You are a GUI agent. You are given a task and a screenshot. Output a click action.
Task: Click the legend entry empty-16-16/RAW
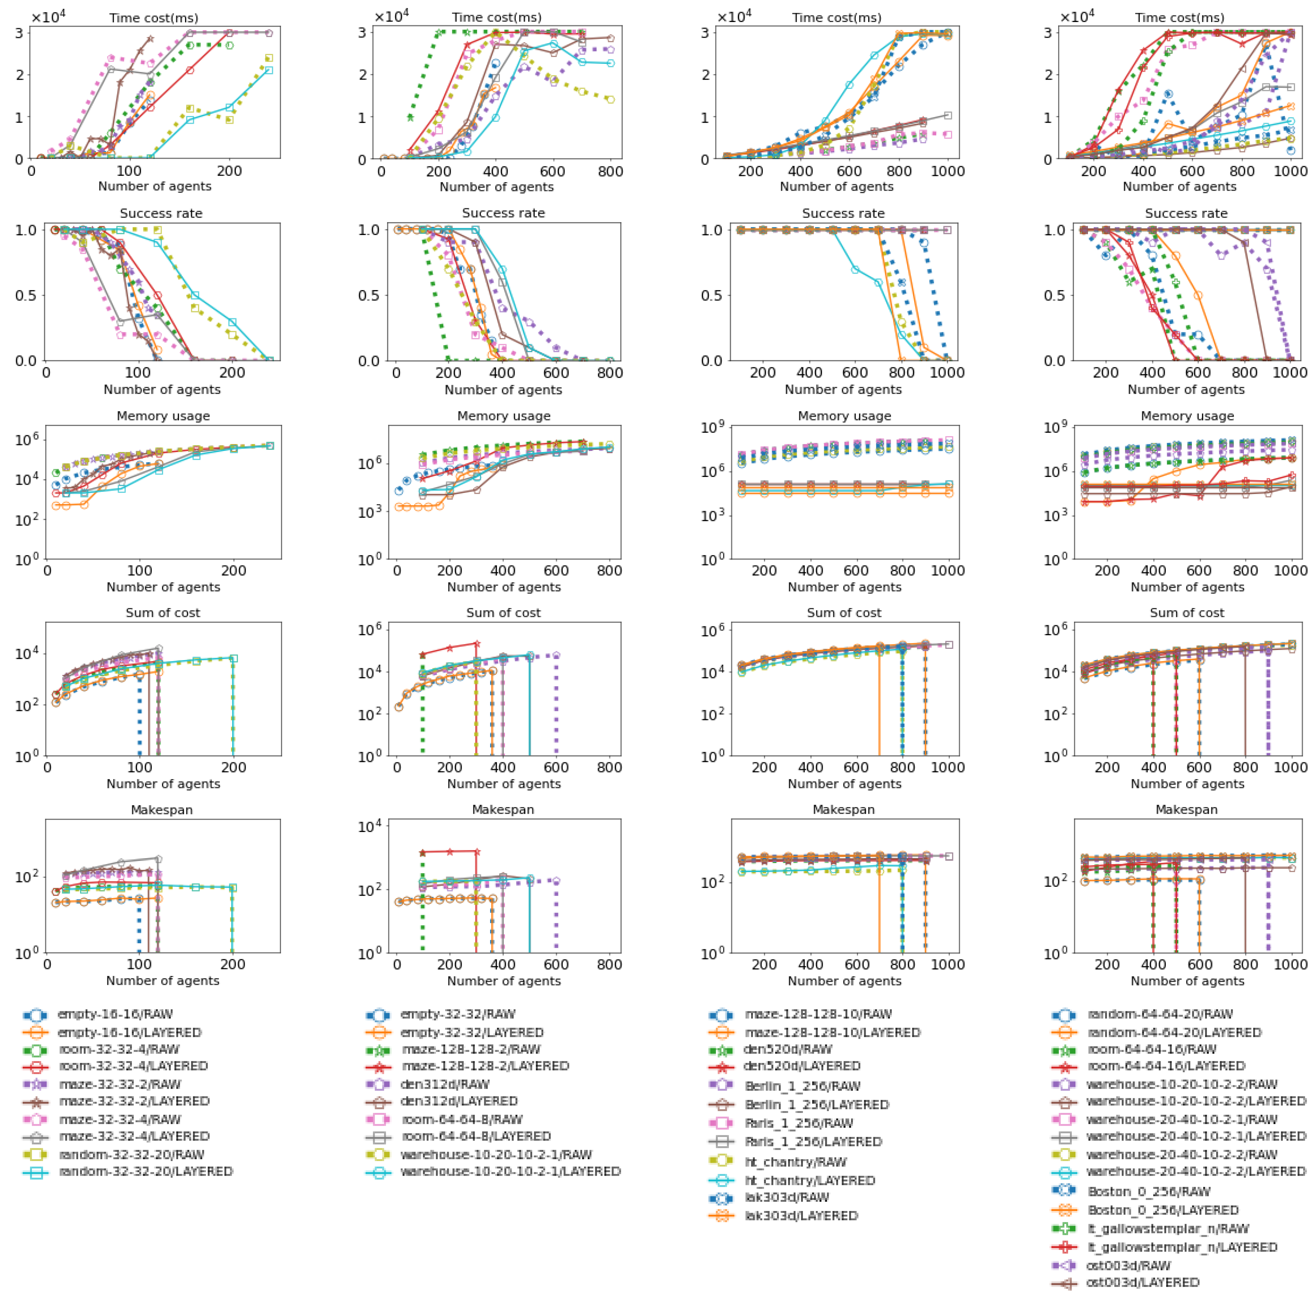coord(115,1014)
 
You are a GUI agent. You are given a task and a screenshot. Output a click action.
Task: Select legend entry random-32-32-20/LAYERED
coord(145,1171)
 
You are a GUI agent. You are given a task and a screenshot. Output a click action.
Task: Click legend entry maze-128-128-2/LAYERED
coord(484,1066)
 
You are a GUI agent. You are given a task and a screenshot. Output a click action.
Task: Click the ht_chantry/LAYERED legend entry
coord(809,1180)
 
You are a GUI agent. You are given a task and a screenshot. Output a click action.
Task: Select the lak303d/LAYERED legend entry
coord(800,1216)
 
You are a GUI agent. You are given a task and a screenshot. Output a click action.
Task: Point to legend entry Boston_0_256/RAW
coord(1149,1191)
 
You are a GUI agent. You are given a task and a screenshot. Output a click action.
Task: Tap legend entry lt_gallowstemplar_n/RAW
coord(1168,1229)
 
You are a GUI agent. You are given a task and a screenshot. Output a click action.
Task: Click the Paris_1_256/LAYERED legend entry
coord(812,1141)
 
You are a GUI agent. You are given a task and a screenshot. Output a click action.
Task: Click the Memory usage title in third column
coord(844,415)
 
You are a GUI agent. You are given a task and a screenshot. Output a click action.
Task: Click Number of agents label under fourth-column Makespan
coord(1187,981)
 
